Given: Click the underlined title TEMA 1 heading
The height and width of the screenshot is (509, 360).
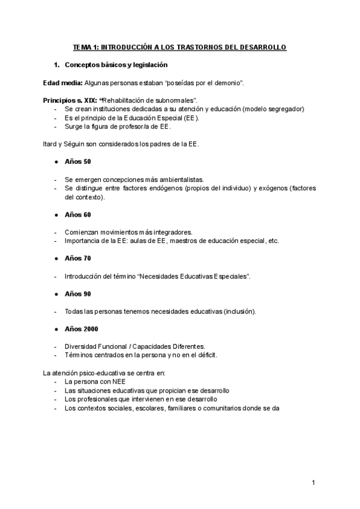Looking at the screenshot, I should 179,47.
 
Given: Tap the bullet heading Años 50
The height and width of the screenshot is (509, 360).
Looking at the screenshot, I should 77,161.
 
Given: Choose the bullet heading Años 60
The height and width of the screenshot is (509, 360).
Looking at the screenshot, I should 77,214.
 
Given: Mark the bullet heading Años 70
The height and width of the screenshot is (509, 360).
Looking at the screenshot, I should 77,258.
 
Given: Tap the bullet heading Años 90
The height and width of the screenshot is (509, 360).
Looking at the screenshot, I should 77,294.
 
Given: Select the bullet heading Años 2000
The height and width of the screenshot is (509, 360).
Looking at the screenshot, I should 81,328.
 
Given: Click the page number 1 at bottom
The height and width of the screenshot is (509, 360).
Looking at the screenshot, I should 313,482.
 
